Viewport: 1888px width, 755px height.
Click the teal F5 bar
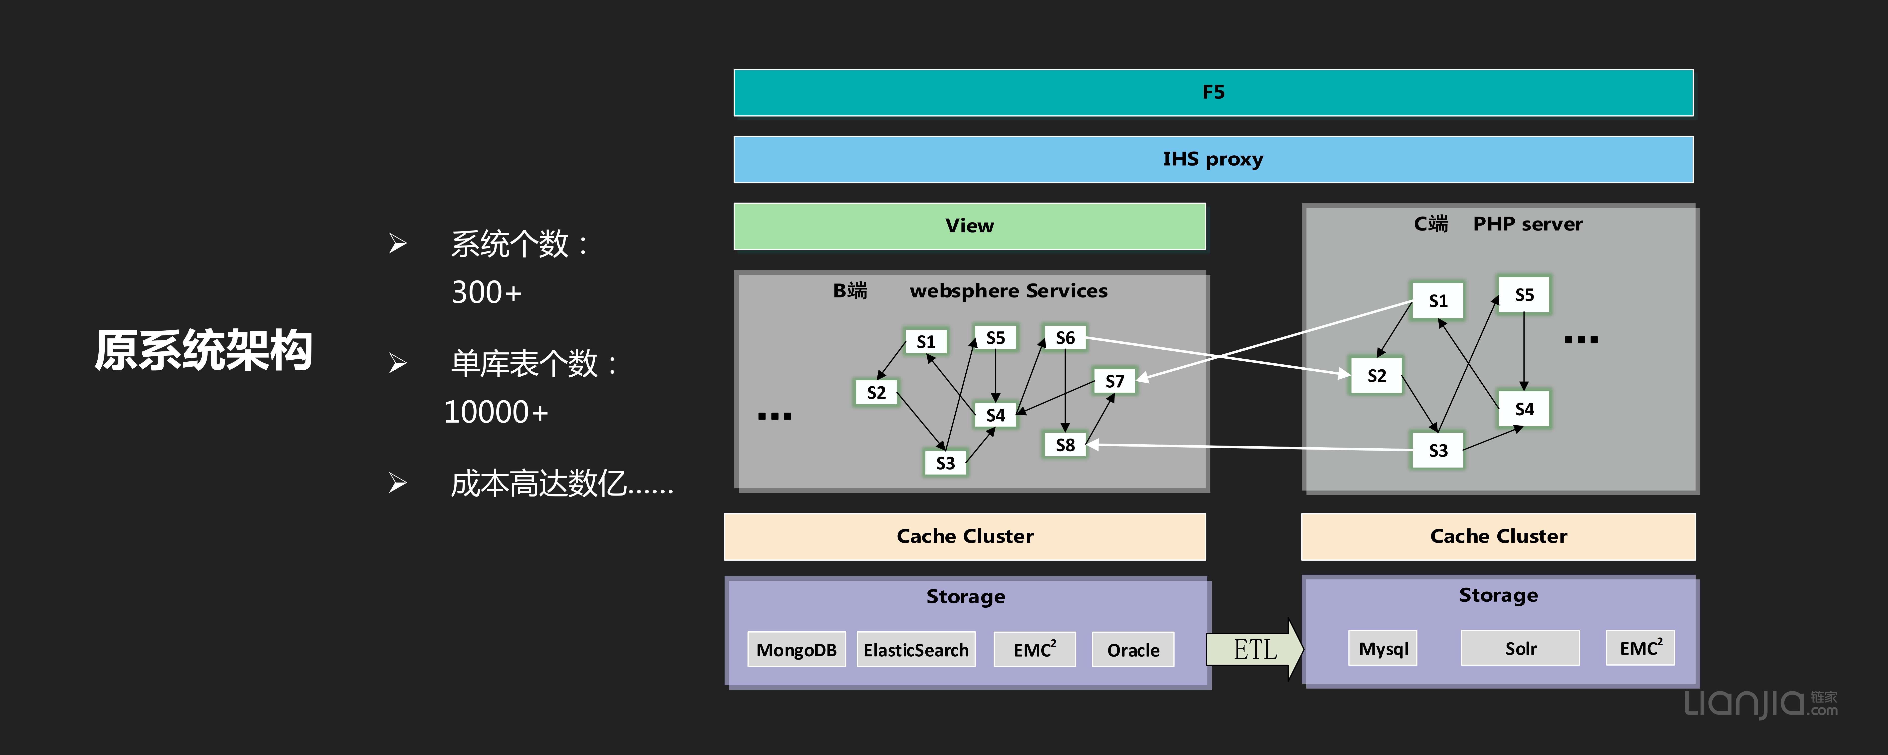coord(1213,92)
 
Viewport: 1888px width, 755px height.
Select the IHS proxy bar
coord(1213,159)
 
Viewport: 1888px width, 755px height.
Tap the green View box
coord(969,226)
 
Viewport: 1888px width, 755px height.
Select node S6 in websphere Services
coord(1065,338)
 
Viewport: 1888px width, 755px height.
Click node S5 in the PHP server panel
coord(1524,295)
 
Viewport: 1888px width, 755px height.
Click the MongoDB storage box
coord(796,649)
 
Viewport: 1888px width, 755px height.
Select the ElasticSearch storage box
coord(915,649)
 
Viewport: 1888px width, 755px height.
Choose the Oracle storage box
coord(1132,649)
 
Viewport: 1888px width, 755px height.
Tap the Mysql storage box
coord(1383,648)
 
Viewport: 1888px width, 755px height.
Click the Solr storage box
coord(1520,648)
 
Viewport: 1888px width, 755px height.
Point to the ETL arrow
coord(1255,649)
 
